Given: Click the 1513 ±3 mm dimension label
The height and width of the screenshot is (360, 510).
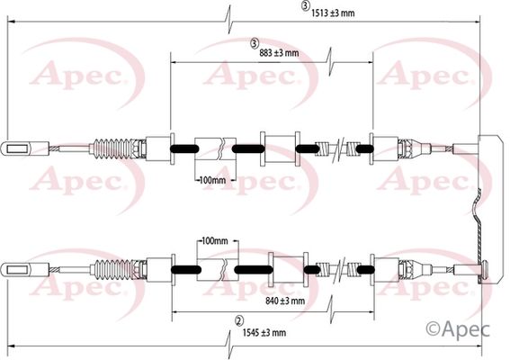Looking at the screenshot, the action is [x=333, y=13].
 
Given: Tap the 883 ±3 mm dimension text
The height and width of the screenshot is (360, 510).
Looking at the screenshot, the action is [x=279, y=53].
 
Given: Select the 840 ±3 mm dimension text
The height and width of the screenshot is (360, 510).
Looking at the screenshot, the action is [x=285, y=301].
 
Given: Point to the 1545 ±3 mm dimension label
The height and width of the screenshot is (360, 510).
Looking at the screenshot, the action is [x=264, y=332].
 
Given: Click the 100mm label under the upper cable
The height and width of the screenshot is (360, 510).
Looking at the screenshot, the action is [x=212, y=180].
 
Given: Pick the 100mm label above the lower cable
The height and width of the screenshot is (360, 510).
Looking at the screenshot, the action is [x=215, y=241].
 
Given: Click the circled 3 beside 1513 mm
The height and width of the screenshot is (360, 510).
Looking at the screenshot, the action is [x=305, y=6].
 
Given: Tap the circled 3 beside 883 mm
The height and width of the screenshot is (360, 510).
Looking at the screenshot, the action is [x=255, y=43].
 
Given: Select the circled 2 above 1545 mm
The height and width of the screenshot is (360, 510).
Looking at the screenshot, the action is [x=239, y=321].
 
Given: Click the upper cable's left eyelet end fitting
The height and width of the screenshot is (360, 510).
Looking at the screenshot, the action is [x=25, y=149].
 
